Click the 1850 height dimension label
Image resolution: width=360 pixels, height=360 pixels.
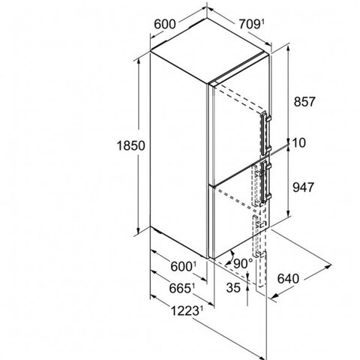pos(130,145)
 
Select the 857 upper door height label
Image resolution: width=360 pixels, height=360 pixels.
pos(304,102)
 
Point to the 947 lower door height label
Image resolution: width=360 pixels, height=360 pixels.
pos(303,187)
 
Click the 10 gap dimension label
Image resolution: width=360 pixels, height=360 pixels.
pos(298,142)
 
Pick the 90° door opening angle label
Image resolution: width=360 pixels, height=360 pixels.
pos(243,263)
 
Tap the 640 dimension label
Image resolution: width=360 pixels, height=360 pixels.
pos(288,278)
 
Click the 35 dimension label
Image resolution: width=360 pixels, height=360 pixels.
pos(233,287)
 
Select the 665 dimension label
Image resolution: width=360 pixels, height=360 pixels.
pos(181,288)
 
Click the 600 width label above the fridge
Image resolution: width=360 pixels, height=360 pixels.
pos(165,24)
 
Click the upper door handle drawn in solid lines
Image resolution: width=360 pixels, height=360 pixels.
pos(265,133)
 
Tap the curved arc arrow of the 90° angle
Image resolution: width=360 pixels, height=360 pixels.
pos(230,258)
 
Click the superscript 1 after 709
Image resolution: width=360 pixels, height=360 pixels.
pos(262,22)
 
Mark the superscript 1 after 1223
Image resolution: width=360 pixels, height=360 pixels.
pos(201,310)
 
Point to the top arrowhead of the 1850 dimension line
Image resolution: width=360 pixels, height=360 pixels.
pos(138,63)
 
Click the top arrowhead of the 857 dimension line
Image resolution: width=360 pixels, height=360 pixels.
pos(289,49)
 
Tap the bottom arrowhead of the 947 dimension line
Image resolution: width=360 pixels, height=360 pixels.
pos(289,213)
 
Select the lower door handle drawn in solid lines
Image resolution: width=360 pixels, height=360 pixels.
pos(265,181)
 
